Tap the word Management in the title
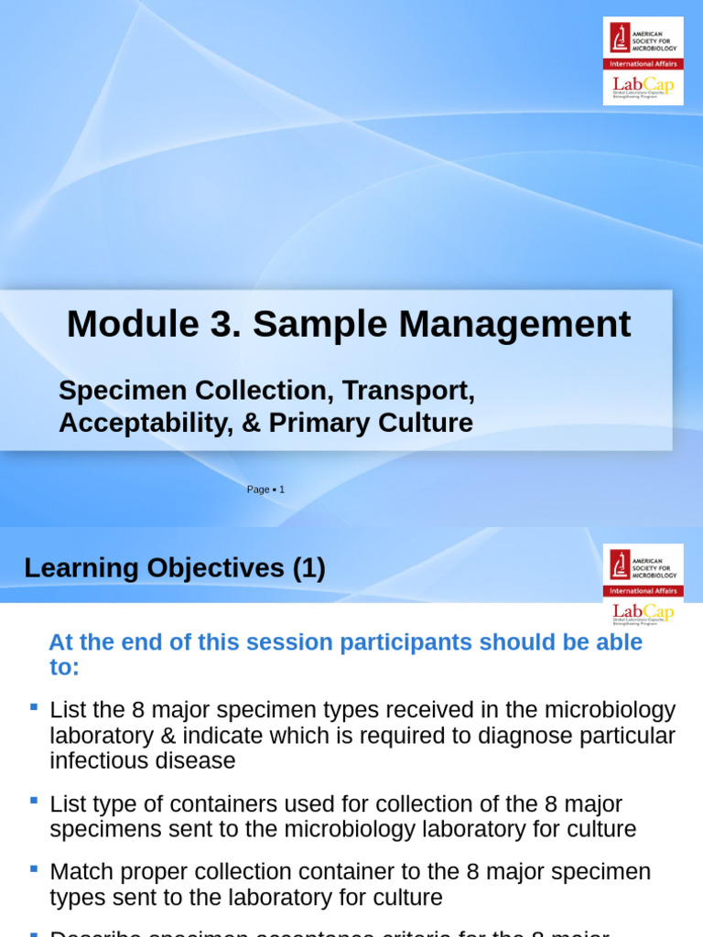[532, 324]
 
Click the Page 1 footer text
[265, 490]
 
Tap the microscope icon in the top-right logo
[621, 38]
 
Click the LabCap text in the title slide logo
[643, 85]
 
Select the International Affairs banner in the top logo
[643, 64]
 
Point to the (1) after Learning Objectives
[309, 568]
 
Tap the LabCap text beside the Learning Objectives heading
[643, 611]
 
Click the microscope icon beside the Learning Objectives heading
[621, 565]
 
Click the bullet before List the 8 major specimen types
[34, 706]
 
